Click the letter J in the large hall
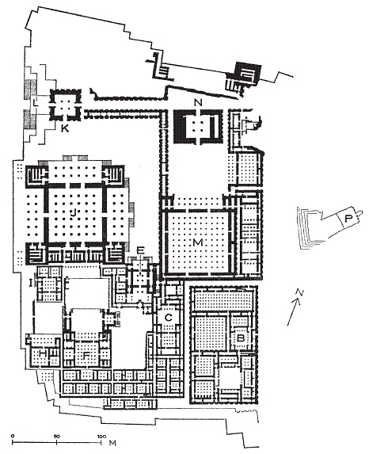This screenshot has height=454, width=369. point(74,213)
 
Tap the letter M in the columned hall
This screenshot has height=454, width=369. point(198,242)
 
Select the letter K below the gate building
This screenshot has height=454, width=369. point(65,128)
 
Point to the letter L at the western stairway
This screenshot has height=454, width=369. point(36,102)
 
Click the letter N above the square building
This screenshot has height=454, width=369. point(198,102)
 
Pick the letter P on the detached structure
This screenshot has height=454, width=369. point(348,219)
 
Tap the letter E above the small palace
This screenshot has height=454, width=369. point(141,250)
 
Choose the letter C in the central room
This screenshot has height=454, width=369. point(169,318)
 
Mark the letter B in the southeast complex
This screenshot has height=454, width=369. point(241,338)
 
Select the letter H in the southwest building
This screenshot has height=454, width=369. point(44,353)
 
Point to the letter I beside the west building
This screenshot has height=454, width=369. point(30,281)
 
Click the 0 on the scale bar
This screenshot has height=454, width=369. point(13,436)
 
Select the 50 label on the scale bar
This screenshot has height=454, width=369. point(57,436)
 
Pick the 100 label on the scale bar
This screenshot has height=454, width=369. point(101,436)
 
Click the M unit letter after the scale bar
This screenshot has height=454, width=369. point(112,443)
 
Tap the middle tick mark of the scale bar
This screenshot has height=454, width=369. point(57,442)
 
